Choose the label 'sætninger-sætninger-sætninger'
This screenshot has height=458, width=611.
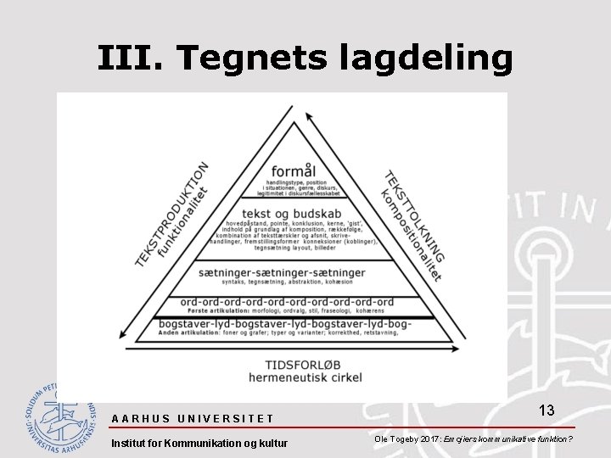pyautogui.click(x=282, y=272)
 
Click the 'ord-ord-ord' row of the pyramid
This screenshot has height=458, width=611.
pyautogui.click(x=286, y=301)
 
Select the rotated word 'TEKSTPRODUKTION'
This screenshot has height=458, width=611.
pyautogui.click(x=169, y=214)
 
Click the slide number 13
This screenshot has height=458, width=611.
pyautogui.click(x=547, y=411)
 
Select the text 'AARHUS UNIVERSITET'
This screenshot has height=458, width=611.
pyautogui.click(x=193, y=418)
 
